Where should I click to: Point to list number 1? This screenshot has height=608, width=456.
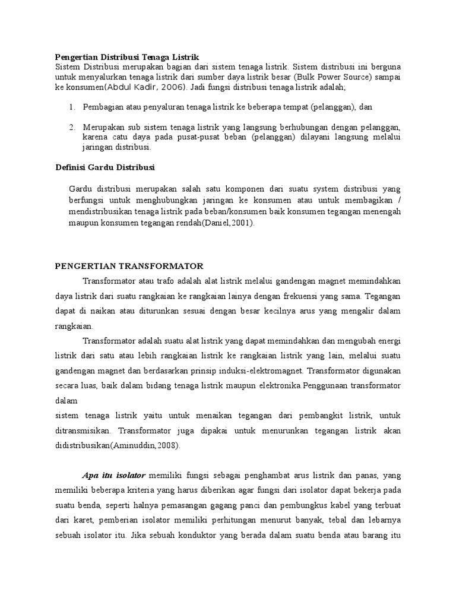[72, 107]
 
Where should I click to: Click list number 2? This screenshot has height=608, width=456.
[72, 128]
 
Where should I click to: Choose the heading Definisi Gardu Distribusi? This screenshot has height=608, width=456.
[105, 167]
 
